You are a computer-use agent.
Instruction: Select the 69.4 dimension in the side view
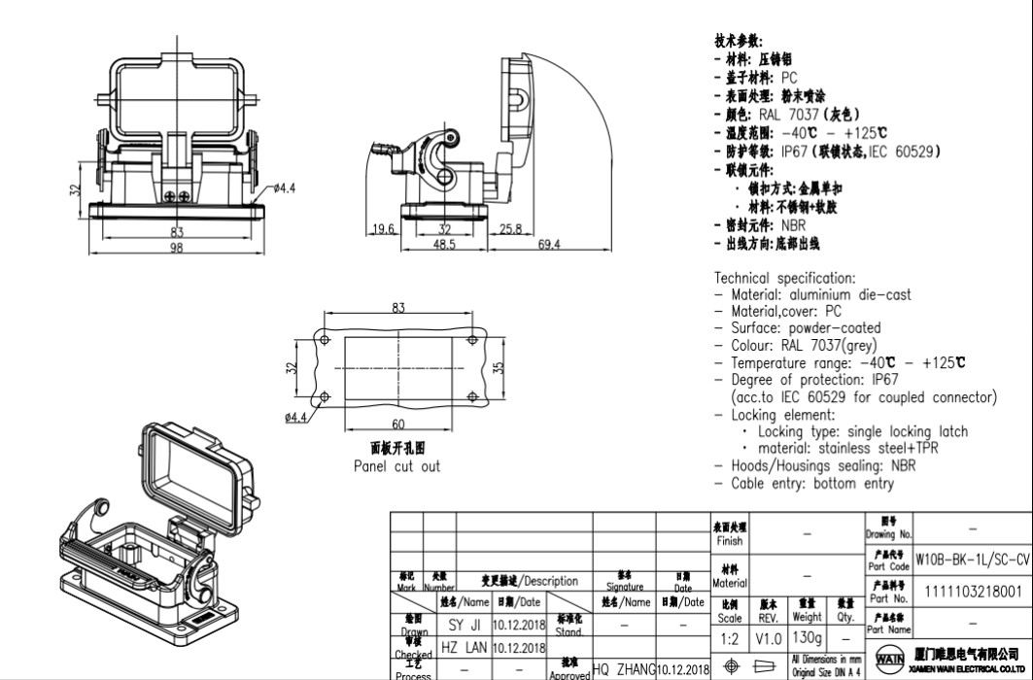click(549, 245)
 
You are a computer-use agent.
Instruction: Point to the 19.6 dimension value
click(383, 229)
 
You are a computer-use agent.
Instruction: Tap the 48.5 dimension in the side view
click(444, 245)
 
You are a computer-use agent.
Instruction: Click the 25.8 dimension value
click(512, 229)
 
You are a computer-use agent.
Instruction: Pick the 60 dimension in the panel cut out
click(398, 424)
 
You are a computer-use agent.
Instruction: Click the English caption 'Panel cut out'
click(396, 466)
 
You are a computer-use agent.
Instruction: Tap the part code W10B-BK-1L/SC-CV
click(972, 561)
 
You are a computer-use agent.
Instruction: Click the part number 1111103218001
click(973, 592)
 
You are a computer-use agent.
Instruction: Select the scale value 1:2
click(730, 639)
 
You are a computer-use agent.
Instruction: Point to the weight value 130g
click(807, 638)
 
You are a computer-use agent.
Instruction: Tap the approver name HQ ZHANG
click(623, 670)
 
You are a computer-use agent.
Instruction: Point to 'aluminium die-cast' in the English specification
click(848, 294)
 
